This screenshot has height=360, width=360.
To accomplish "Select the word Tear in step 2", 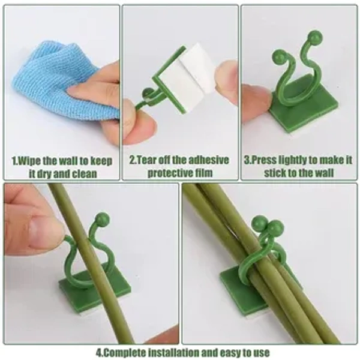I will (x=147, y=160).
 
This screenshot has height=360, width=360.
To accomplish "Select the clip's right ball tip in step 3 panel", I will (x=316, y=37).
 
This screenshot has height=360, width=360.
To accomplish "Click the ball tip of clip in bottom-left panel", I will (x=103, y=219).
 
